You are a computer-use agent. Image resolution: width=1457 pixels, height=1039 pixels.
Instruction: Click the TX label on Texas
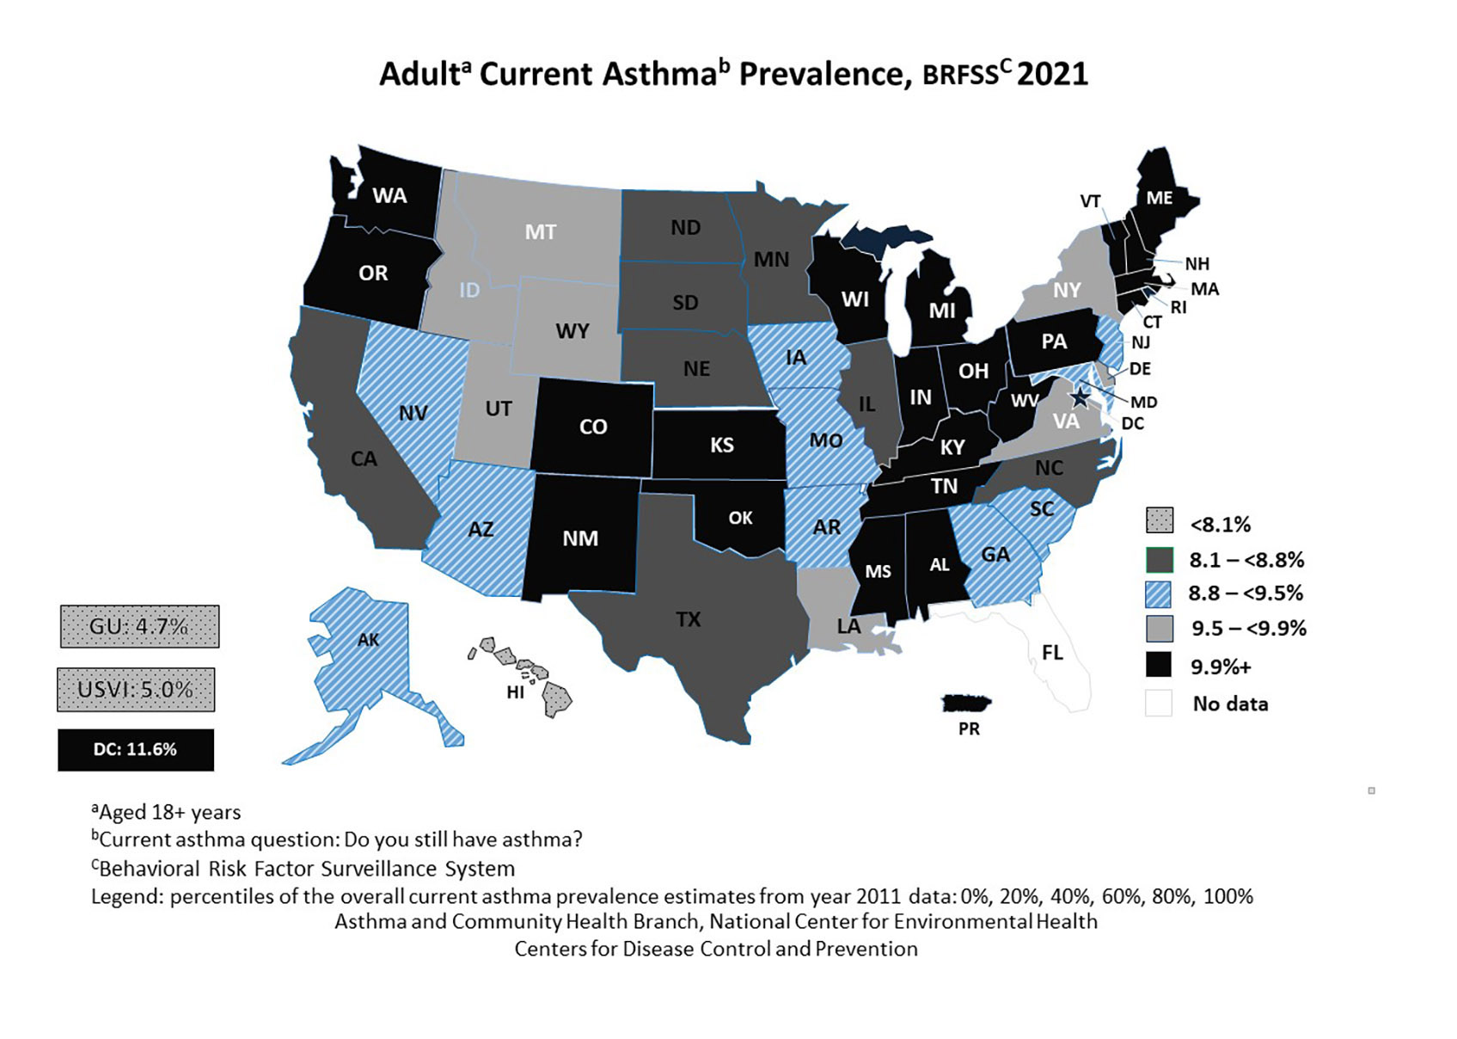click(689, 619)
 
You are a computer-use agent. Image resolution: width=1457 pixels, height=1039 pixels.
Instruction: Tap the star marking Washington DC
click(1080, 397)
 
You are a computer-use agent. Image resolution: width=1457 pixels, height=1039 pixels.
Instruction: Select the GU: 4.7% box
click(139, 626)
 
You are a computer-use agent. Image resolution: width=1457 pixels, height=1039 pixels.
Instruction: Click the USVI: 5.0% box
click(136, 690)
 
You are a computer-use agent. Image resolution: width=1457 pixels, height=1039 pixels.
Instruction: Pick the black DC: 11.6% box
click(136, 750)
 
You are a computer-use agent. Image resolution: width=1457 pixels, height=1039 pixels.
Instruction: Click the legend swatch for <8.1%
click(1160, 521)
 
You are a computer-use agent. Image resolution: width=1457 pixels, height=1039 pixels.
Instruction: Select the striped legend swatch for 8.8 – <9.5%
click(1160, 593)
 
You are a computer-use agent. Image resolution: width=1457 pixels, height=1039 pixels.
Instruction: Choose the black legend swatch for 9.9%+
click(1160, 665)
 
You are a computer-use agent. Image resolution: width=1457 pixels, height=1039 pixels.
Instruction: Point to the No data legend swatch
click(1159, 703)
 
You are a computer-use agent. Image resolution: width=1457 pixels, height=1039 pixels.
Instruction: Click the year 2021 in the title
click(1053, 74)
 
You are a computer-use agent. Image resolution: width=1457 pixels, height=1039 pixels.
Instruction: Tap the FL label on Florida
click(1052, 653)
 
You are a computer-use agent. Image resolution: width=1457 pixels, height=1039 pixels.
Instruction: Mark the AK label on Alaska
click(368, 640)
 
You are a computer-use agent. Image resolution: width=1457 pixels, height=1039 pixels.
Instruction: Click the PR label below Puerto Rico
click(969, 729)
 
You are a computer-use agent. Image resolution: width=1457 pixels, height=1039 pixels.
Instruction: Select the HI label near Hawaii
click(515, 692)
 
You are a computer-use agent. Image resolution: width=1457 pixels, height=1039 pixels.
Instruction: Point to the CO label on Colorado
click(593, 427)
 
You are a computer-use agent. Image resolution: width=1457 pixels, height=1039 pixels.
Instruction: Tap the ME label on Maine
click(1159, 198)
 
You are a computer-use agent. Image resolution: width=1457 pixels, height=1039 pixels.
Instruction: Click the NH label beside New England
click(1197, 264)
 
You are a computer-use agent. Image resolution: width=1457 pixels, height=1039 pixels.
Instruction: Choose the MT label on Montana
click(541, 232)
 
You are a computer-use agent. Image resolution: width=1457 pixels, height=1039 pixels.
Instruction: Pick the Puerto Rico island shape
click(967, 704)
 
